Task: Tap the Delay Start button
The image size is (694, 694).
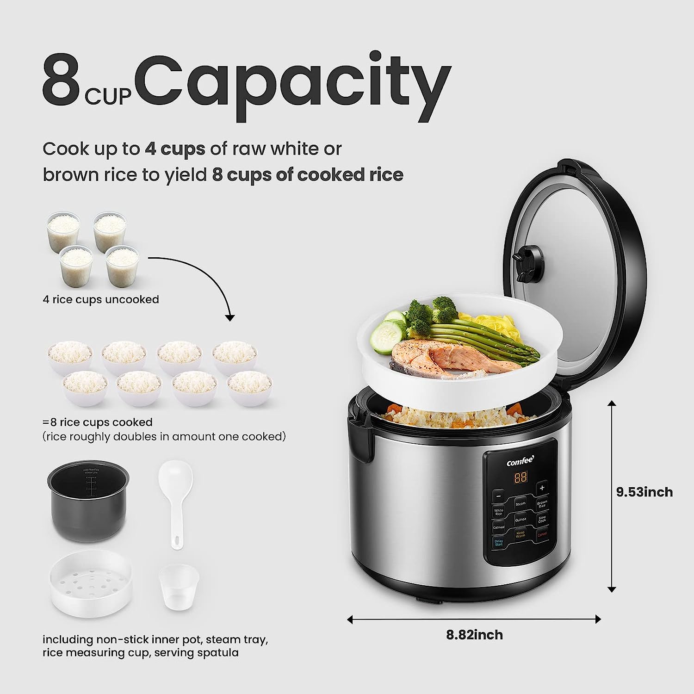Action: click(498, 542)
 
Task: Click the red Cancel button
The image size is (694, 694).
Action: click(542, 535)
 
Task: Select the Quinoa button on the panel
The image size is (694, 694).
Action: click(520, 520)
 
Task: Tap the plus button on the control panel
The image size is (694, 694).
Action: click(542, 488)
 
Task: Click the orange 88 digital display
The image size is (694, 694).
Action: click(520, 477)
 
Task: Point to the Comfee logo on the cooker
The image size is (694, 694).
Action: click(520, 462)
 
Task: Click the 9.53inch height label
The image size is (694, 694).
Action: click(644, 492)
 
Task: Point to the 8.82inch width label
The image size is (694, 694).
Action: click(474, 635)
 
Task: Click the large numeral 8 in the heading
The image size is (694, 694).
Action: click(62, 79)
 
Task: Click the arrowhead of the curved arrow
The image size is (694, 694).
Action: click(230, 317)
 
